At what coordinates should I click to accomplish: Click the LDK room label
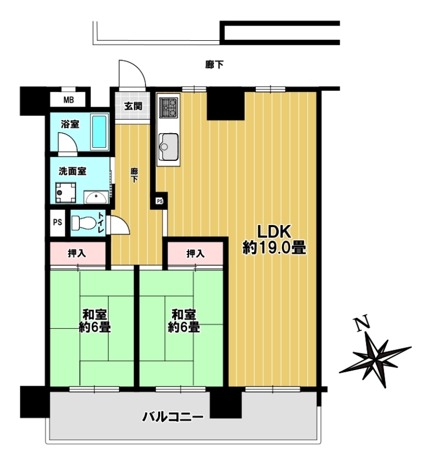pos(274,240)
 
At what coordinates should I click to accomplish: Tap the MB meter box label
pos(69,100)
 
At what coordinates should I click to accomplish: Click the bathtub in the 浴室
pos(99,132)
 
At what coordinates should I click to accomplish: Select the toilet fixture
pos(84,222)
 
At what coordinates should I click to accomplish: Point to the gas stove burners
pos(169,108)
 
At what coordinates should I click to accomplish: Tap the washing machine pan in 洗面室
pos(66,193)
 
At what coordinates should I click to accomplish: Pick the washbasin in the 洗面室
pos(96,197)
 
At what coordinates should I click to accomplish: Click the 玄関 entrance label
pos(133,106)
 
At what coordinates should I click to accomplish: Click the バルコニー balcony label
pos(173,417)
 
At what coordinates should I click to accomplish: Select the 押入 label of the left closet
pos(77,253)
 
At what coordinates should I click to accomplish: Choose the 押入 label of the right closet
pos(195,253)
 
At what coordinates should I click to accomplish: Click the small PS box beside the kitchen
pos(160,201)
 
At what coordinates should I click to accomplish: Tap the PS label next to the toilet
pos(57,222)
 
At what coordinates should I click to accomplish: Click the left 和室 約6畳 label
pos(95,320)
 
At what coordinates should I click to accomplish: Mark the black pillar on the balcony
pos(225,403)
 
